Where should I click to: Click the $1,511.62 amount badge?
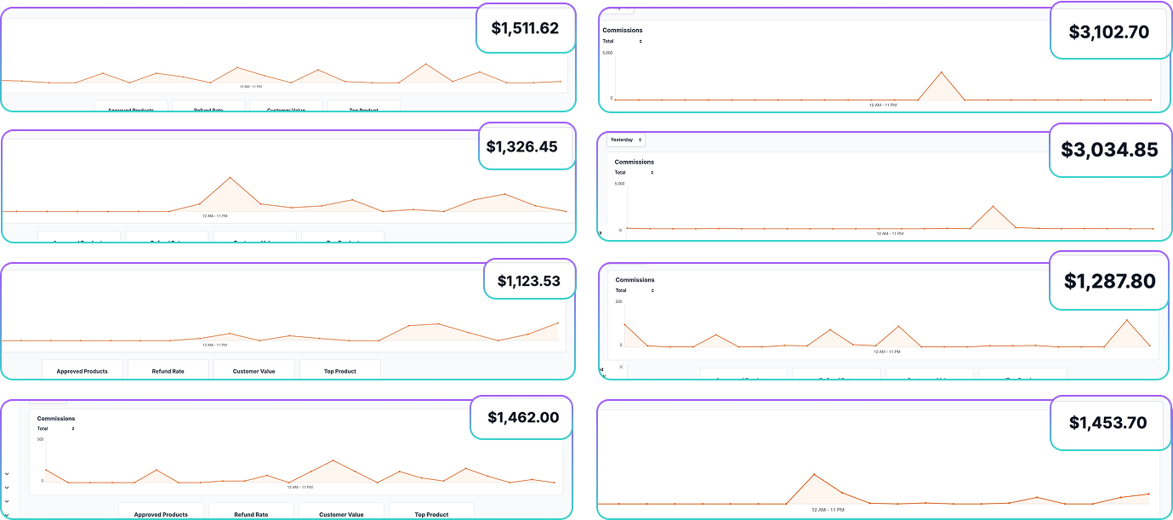click(x=525, y=28)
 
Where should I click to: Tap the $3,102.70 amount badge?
click(x=1108, y=32)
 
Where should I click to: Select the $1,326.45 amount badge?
click(x=521, y=146)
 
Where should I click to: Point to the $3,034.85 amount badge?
click(x=1109, y=150)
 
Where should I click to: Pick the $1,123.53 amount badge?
click(x=528, y=280)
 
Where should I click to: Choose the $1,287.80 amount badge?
click(x=1109, y=281)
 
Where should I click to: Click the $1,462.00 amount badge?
click(x=522, y=417)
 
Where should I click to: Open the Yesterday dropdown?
click(x=626, y=140)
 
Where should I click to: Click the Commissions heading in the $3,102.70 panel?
click(x=623, y=31)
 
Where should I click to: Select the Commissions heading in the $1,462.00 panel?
click(x=56, y=419)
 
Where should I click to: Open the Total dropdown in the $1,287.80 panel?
click(x=635, y=290)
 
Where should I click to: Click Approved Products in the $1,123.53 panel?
click(x=82, y=371)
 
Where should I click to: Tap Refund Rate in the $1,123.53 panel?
click(x=168, y=371)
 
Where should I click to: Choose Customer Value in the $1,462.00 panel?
click(x=341, y=514)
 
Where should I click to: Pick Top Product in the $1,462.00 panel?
click(x=431, y=514)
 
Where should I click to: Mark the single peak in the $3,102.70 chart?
click(x=941, y=72)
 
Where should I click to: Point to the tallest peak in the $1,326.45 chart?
click(x=230, y=178)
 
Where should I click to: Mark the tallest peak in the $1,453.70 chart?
click(x=814, y=474)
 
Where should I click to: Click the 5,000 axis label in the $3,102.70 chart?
click(x=607, y=53)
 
